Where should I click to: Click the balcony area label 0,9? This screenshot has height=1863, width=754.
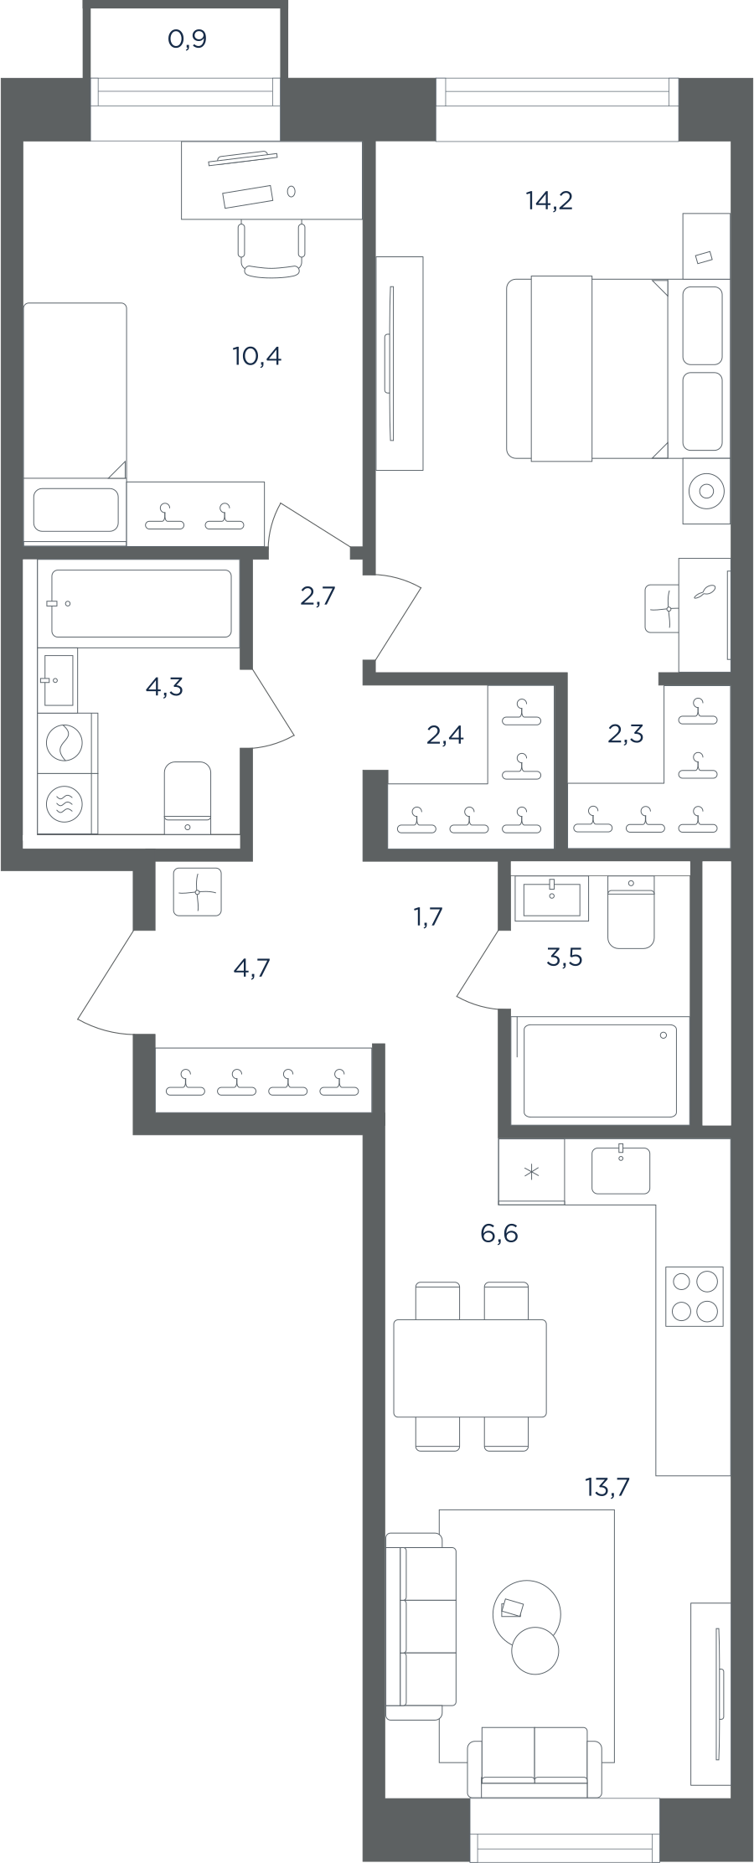(187, 39)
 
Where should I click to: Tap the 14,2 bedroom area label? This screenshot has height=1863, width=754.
(550, 200)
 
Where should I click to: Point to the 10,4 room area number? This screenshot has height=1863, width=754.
(256, 356)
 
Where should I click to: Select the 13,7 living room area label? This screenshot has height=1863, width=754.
(607, 1487)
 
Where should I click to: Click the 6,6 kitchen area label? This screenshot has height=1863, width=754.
(499, 1233)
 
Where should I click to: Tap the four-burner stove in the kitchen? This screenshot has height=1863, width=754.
(695, 1296)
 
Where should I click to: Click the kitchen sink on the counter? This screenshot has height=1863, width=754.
(621, 1169)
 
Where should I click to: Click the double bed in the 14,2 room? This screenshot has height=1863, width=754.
(587, 368)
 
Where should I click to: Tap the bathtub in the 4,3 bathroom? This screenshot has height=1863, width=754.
(142, 604)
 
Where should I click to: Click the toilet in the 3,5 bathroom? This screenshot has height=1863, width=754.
(631, 912)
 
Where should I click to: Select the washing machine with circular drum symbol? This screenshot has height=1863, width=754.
(65, 742)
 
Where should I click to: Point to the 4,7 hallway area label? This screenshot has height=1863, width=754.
(251, 968)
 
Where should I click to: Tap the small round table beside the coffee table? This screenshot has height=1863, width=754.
(535, 1650)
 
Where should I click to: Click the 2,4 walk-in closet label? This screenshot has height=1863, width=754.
(445, 735)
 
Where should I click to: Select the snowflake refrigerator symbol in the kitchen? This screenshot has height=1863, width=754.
(531, 1171)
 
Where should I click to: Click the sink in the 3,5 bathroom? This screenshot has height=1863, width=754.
(552, 899)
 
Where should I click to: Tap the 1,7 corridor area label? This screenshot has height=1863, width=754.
(428, 916)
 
